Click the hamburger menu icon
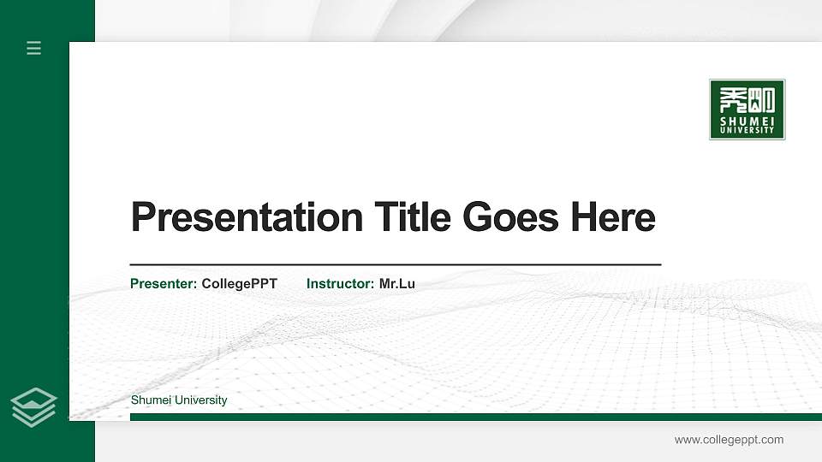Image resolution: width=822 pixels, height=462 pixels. click(x=34, y=48)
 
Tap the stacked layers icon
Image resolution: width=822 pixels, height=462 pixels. click(x=34, y=406)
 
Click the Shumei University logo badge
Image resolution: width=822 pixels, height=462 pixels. click(x=747, y=110)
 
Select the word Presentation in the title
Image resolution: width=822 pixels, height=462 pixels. click(x=247, y=217)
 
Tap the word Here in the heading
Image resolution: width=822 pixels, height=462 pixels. click(x=613, y=217)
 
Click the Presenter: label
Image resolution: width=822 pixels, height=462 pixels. click(x=164, y=283)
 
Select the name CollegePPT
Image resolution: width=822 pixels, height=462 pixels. click(x=239, y=283)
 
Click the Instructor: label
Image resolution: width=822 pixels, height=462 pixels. click(x=340, y=283)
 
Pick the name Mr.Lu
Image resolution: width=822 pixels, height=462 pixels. click(x=397, y=283)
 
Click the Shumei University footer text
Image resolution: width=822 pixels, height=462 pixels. click(x=179, y=400)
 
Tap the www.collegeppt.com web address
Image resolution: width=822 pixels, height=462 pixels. click(x=729, y=440)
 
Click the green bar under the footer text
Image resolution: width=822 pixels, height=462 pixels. click(x=475, y=417)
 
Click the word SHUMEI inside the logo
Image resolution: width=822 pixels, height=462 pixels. click(x=748, y=121)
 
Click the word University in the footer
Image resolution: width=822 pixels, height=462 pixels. click(x=200, y=400)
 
